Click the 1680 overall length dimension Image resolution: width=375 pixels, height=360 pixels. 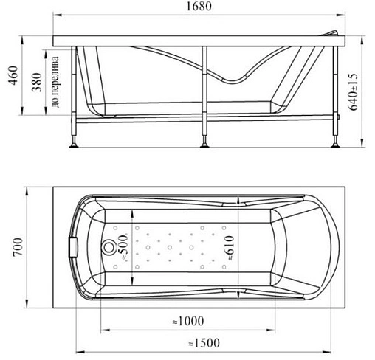click(x=199, y=6)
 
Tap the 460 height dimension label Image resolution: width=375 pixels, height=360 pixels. click(x=14, y=75)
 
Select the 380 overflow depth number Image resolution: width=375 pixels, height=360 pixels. click(x=37, y=82)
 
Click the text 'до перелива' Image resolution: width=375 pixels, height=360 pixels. click(x=55, y=82)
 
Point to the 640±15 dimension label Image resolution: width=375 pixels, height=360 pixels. click(x=354, y=92)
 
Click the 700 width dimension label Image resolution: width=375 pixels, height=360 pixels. click(x=18, y=247)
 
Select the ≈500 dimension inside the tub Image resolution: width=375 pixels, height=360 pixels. click(x=124, y=247)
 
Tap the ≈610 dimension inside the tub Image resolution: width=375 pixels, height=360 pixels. click(x=229, y=248)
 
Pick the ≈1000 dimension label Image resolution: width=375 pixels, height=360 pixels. click(x=188, y=321)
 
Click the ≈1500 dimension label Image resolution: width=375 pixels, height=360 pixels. click(x=204, y=343)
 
